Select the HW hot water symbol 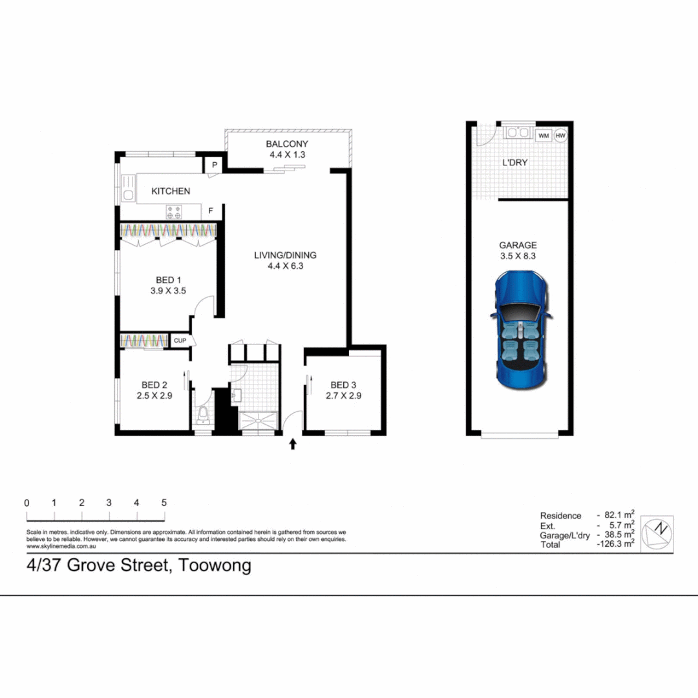(x=560, y=135)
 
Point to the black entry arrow (x=293, y=444)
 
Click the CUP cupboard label (x=179, y=340)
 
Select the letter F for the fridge (x=211, y=211)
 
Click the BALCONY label (x=287, y=144)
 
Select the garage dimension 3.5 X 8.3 (x=518, y=256)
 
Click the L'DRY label (x=515, y=163)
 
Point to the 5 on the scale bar (x=164, y=503)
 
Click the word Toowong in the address (x=215, y=566)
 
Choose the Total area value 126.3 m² (x=616, y=545)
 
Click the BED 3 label (x=343, y=385)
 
